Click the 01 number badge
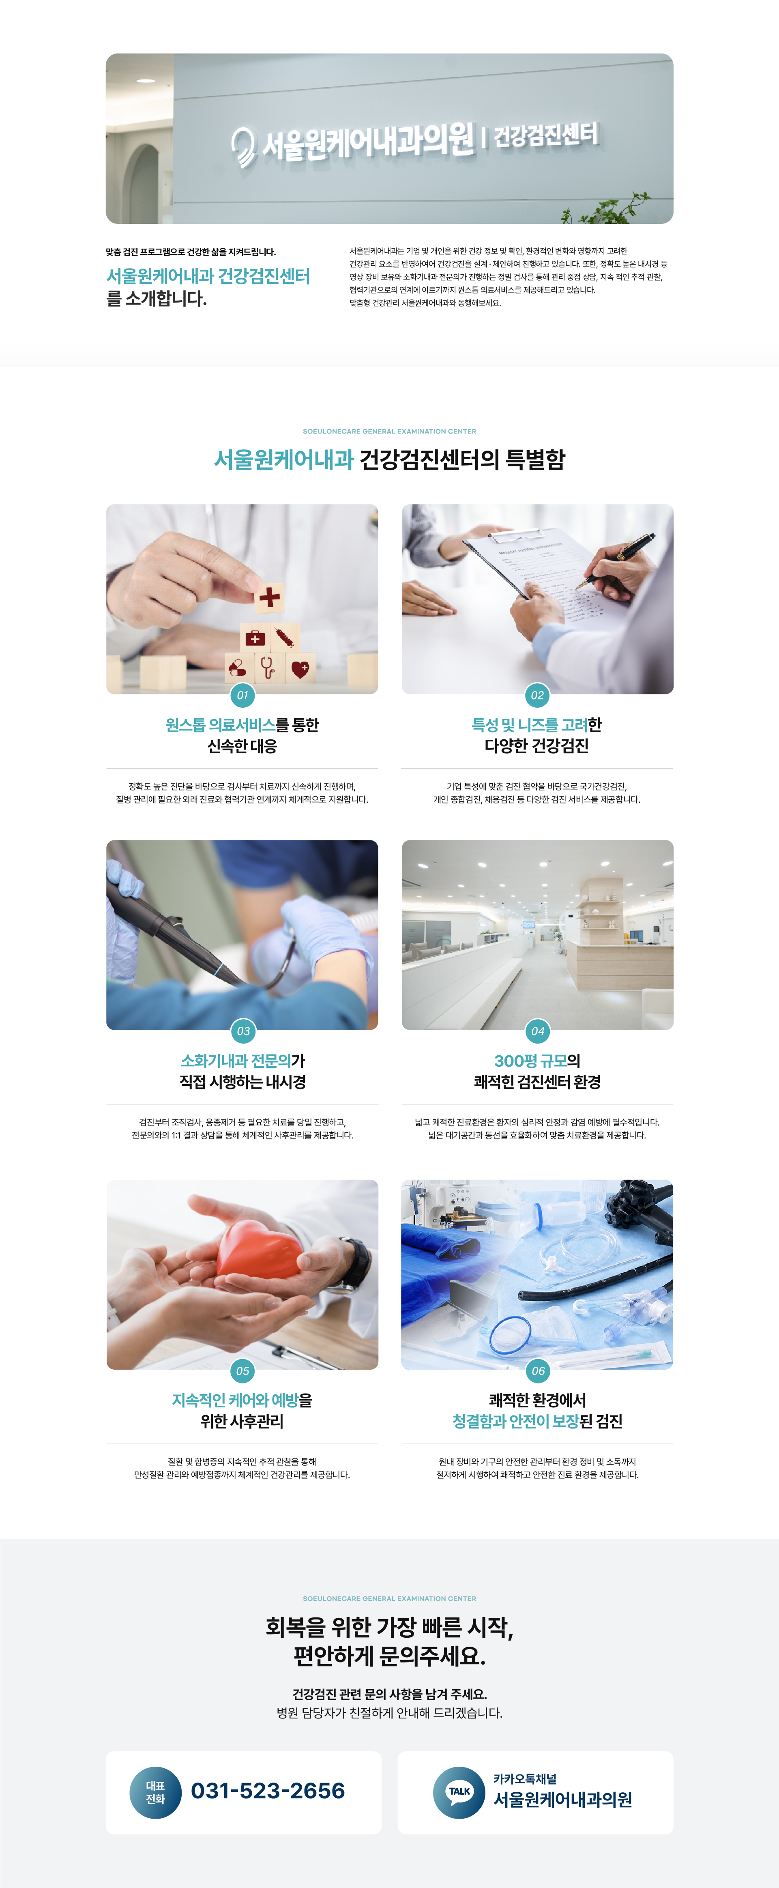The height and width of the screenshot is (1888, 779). (x=242, y=695)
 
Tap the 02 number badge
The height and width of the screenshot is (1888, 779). (x=537, y=695)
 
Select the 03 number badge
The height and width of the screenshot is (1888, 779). (x=242, y=1031)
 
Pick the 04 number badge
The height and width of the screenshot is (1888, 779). (x=537, y=1031)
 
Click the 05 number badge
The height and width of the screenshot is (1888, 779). (x=242, y=1370)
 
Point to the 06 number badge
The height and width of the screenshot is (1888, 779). (x=538, y=1370)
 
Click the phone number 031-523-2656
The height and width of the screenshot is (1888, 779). (x=268, y=1791)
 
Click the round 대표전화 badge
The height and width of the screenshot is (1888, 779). (x=155, y=1793)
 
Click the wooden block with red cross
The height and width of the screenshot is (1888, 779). (x=269, y=597)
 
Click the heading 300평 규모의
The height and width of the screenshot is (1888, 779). (x=537, y=1061)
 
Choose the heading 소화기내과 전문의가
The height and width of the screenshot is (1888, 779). (x=242, y=1061)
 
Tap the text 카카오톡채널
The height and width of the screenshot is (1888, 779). (x=525, y=1779)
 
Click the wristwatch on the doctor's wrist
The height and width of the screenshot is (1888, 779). (x=357, y=1262)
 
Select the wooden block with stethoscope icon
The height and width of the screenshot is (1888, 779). (x=268, y=667)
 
